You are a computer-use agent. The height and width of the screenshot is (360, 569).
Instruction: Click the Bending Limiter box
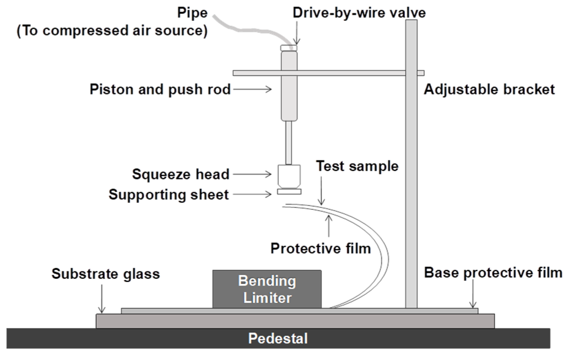click(x=267, y=289)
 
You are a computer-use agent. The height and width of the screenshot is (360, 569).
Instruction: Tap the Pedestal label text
click(x=278, y=338)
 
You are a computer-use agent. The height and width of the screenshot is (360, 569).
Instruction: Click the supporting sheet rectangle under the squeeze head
click(x=289, y=191)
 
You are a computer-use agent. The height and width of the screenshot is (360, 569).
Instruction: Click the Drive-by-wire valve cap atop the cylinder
click(x=289, y=48)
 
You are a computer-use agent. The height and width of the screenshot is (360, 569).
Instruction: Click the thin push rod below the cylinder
click(x=289, y=143)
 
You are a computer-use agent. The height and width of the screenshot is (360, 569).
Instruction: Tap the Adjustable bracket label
click(x=489, y=89)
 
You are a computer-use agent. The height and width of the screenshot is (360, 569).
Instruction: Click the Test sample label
click(x=357, y=166)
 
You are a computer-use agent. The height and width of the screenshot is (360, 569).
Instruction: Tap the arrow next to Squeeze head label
click(x=252, y=174)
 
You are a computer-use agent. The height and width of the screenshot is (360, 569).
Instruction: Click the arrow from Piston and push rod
click(x=252, y=89)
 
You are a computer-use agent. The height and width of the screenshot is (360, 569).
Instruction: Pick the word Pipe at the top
click(x=192, y=13)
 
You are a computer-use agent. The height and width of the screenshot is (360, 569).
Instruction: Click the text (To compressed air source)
click(x=112, y=31)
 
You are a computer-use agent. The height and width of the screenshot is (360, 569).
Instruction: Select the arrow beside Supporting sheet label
click(x=252, y=194)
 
